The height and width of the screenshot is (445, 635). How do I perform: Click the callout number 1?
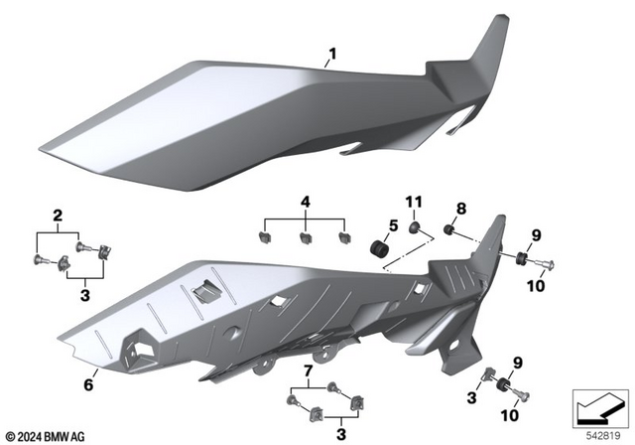[x=332, y=53]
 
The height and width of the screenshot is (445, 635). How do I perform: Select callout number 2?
[x=59, y=216]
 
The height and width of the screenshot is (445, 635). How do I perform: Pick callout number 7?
[x=308, y=371]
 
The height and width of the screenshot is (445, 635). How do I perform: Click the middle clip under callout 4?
[x=306, y=239]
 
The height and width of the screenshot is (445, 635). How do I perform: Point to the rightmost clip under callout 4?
[x=345, y=238]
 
